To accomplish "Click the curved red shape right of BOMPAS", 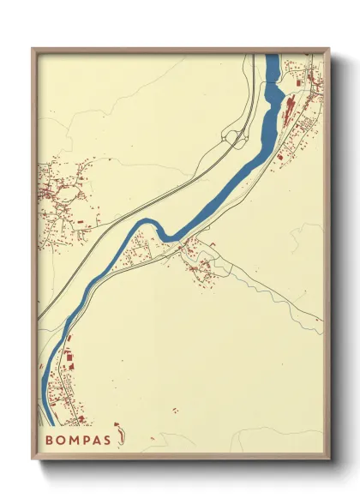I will pyautogui.click(x=123, y=436).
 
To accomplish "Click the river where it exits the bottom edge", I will pyautogui.click(x=49, y=423).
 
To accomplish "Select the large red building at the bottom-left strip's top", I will pyautogui.click(x=69, y=363).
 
